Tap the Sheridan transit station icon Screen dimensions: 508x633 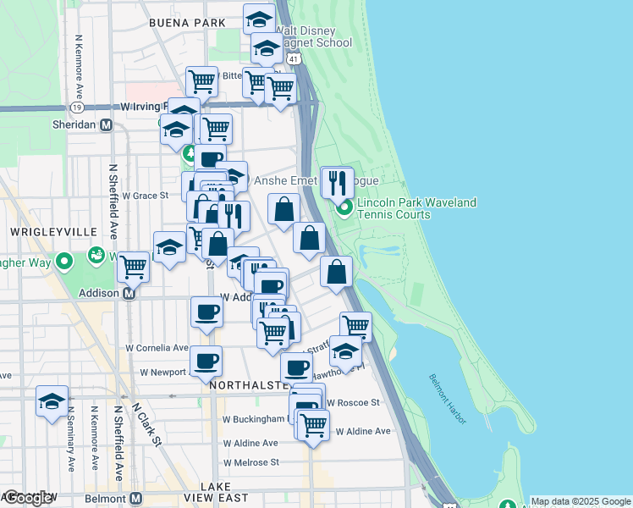(x=107, y=124)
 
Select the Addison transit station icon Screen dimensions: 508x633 (x=129, y=294)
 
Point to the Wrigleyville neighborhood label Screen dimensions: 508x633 (x=43, y=231)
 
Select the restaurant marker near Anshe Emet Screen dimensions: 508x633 (x=337, y=182)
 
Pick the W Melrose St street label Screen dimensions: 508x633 (x=250, y=463)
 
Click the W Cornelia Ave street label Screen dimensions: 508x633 (x=157, y=348)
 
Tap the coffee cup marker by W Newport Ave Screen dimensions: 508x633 (x=206, y=362)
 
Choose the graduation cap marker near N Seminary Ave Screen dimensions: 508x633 (x=52, y=401)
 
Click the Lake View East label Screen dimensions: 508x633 (x=223, y=493)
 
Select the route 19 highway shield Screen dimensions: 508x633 (x=77, y=108)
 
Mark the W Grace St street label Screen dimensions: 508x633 (x=146, y=196)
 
